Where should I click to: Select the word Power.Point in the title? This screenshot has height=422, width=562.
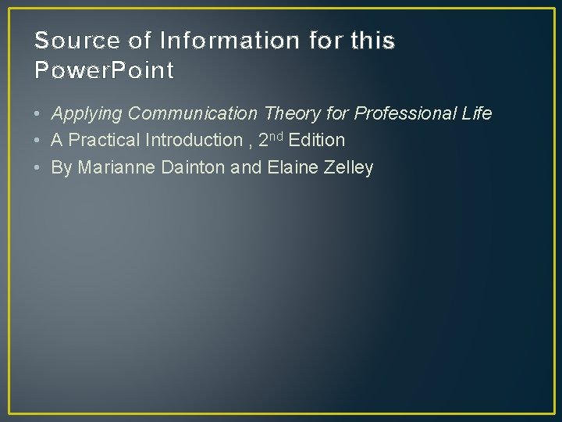click(x=105, y=71)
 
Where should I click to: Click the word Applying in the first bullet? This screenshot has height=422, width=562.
click(x=87, y=114)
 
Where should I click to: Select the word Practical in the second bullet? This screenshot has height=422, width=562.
click(x=104, y=141)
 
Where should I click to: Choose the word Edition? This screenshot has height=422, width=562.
click(x=317, y=141)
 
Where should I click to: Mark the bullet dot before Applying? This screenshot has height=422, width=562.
click(x=38, y=114)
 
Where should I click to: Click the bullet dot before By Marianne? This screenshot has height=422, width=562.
click(x=38, y=168)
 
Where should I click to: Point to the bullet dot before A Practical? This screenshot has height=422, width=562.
click(x=38, y=141)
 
